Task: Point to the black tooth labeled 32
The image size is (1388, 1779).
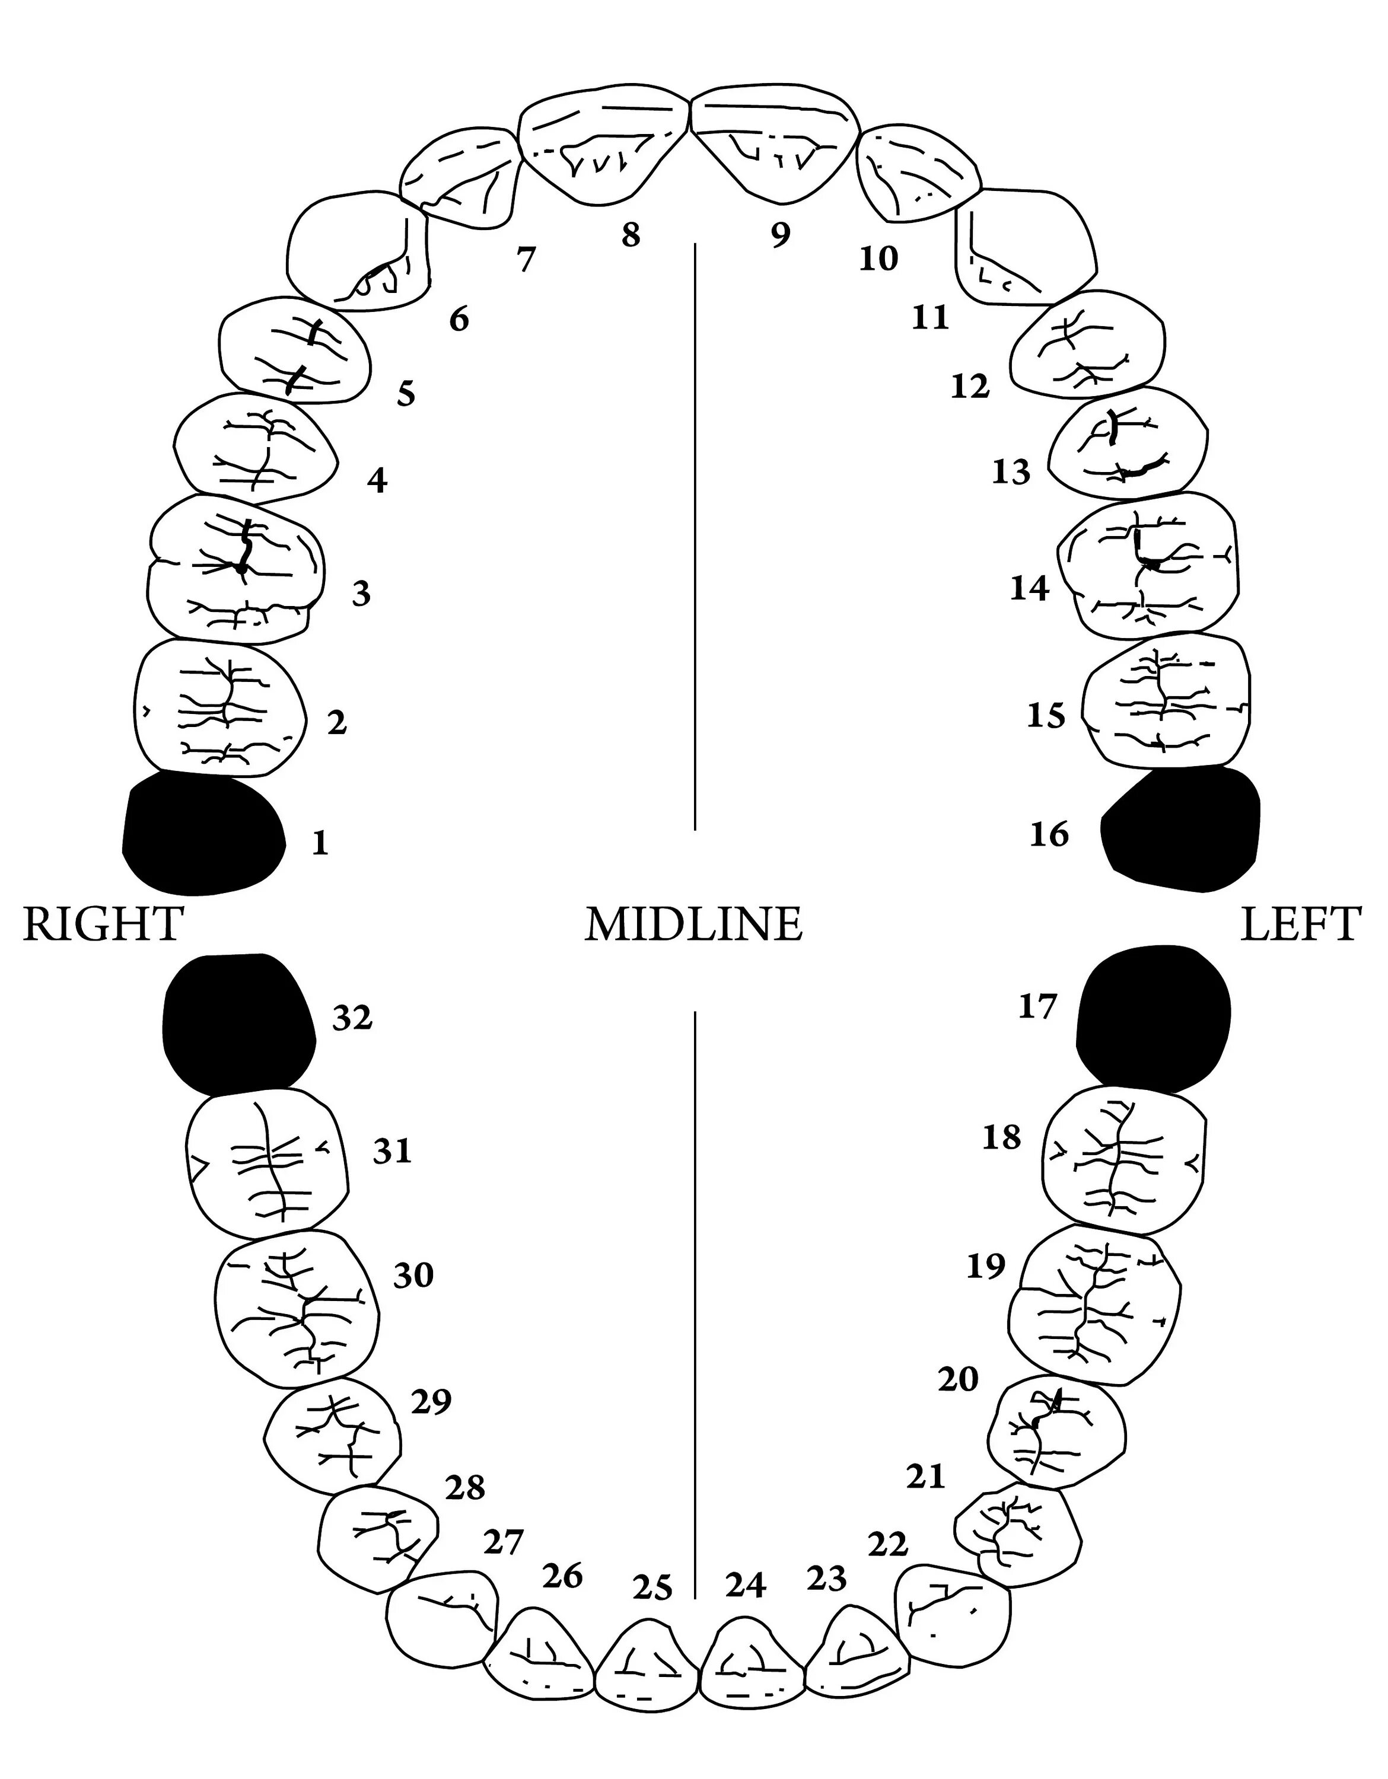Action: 238,1023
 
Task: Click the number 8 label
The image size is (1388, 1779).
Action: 631,235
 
